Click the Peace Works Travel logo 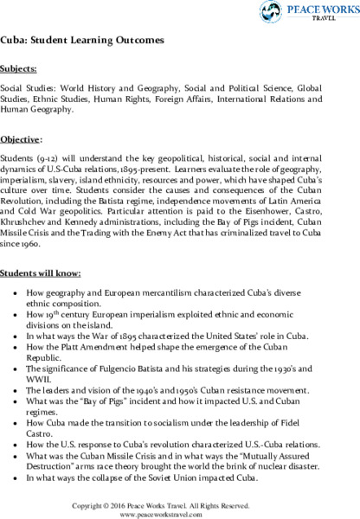coord(311,14)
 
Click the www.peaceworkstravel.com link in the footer coord(179,511)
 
